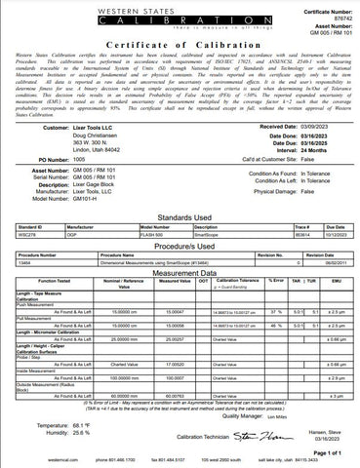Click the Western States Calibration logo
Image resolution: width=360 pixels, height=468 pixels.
point(180,16)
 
